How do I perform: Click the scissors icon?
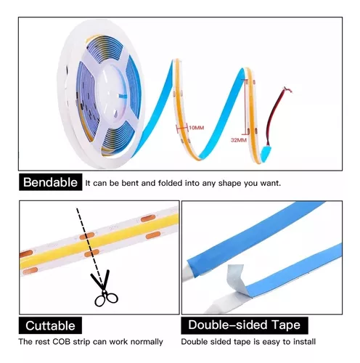[104, 288]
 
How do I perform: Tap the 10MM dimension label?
[196, 128]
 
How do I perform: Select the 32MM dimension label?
[239, 140]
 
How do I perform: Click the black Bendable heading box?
[50, 182]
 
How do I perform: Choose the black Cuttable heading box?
[50, 325]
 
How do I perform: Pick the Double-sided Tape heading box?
[245, 325]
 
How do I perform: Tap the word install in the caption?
[304, 342]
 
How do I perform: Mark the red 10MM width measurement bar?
[182, 127]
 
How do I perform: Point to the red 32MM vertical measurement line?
[247, 107]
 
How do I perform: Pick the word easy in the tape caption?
[271, 342]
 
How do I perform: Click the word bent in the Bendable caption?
[130, 183]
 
